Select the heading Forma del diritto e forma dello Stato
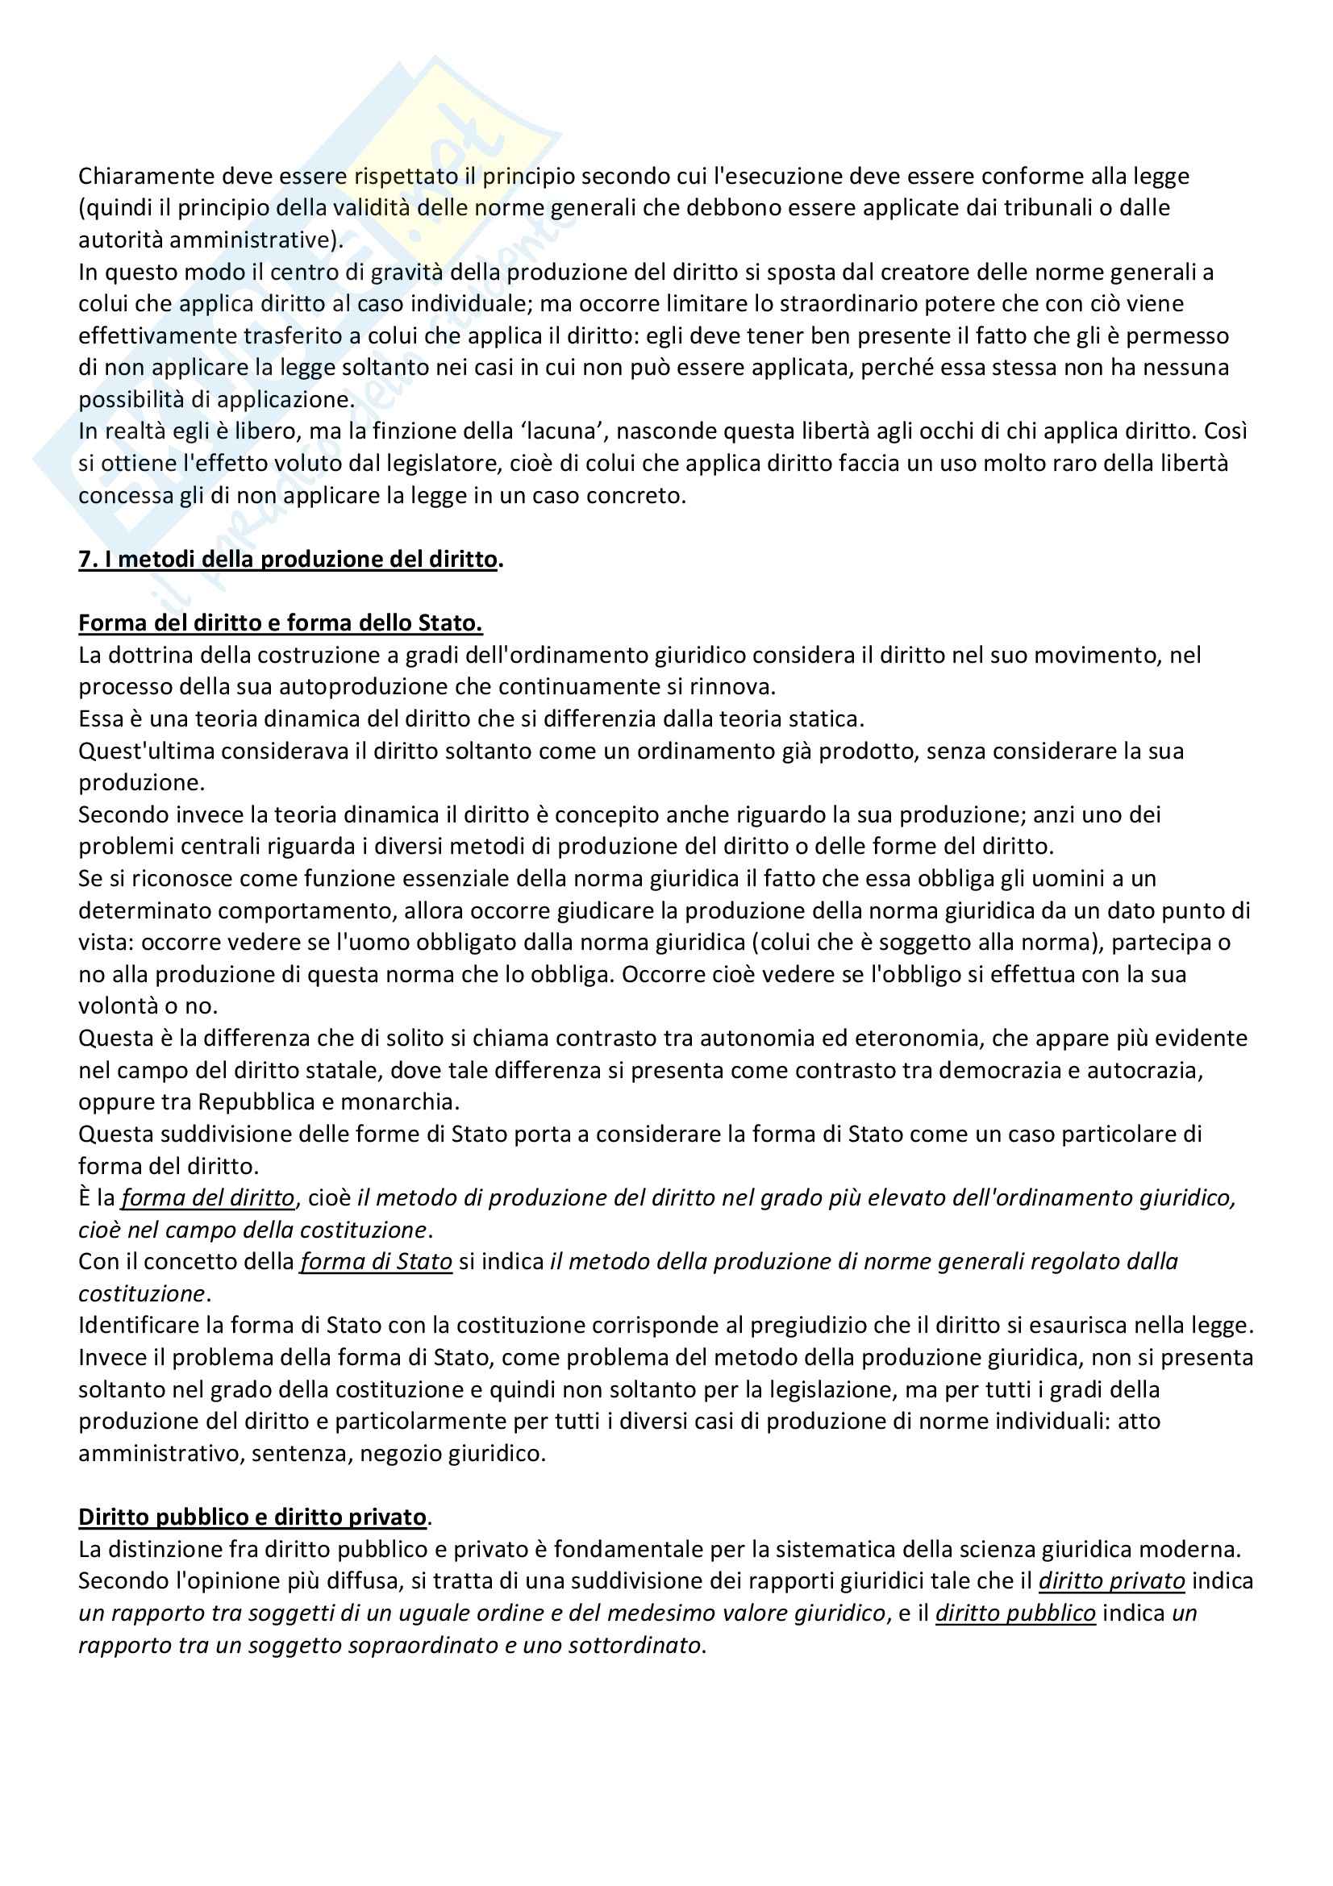tap(280, 623)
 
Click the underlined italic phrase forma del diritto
tap(208, 1198)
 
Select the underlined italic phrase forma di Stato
tap(376, 1263)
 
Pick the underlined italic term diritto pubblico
tap(1015, 1613)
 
